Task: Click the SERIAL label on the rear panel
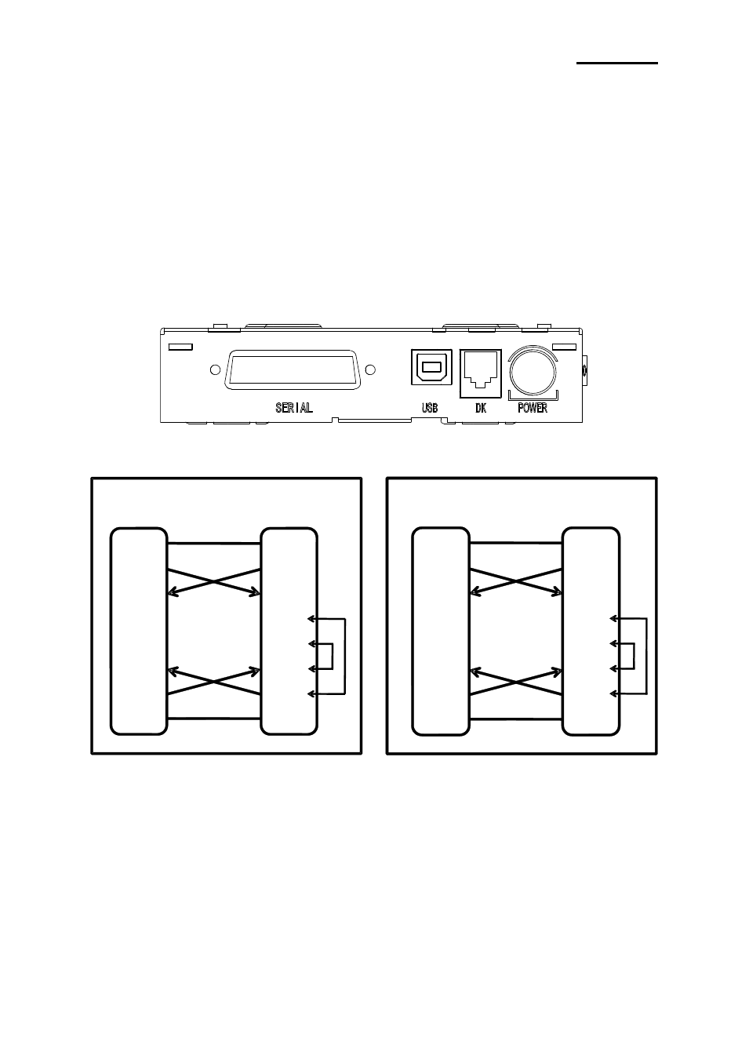(x=294, y=408)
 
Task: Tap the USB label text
(x=430, y=408)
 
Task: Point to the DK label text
(x=481, y=408)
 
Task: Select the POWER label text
(x=533, y=408)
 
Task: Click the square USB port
(x=431, y=367)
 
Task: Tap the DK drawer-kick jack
(x=481, y=373)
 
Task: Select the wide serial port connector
(x=293, y=369)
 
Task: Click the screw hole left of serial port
(x=215, y=369)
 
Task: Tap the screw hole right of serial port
(x=370, y=369)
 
